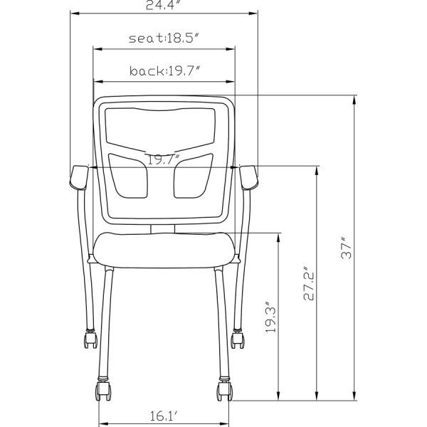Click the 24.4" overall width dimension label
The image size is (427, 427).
pos(164,6)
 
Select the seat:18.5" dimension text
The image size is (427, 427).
pos(164,38)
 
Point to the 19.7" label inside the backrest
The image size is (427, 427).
pos(164,159)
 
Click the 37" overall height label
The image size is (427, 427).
pos(347,246)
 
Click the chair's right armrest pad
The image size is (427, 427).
pos(251,178)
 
